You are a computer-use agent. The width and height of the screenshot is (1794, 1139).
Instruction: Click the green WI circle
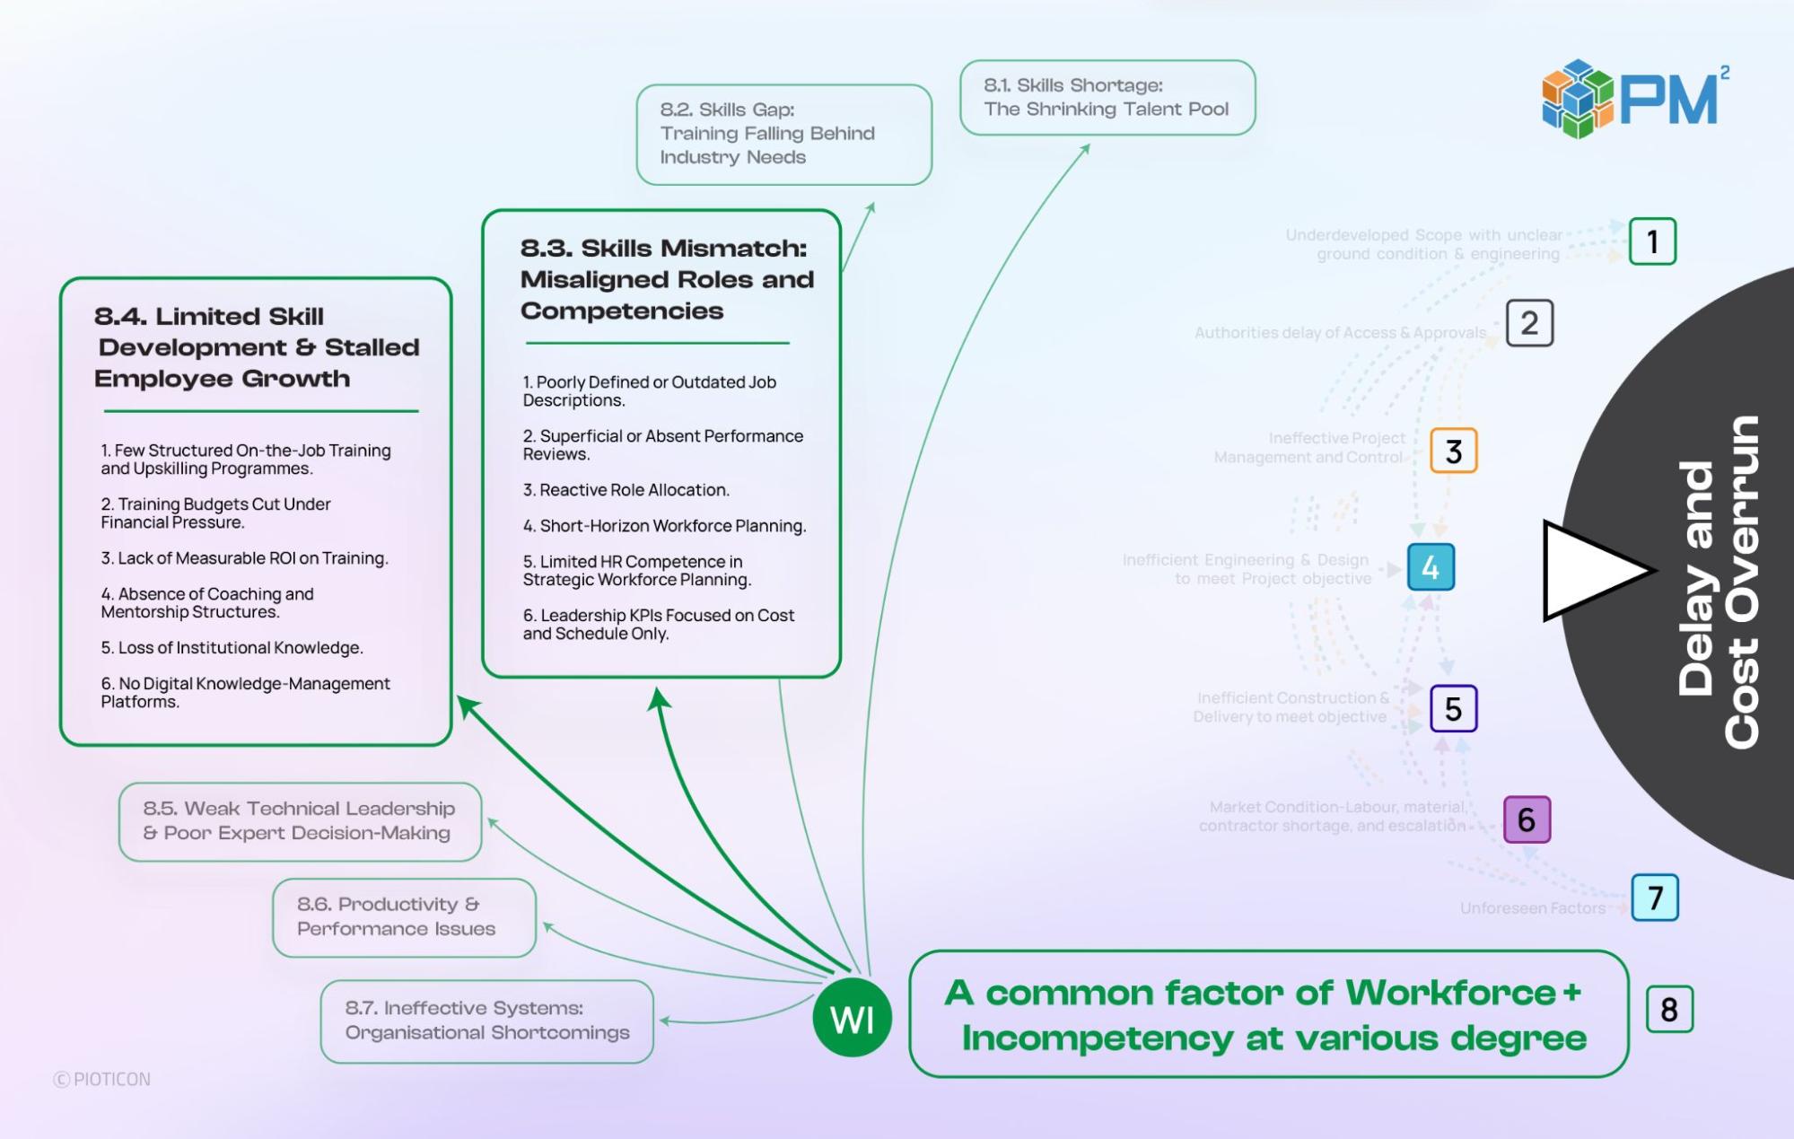point(852,1018)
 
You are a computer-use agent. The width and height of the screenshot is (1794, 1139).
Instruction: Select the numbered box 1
point(1652,241)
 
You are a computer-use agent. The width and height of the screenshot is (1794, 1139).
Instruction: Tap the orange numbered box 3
point(1453,451)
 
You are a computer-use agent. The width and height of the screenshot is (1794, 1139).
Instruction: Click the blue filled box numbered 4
point(1431,567)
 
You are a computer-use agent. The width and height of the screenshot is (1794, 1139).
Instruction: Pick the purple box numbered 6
point(1527,819)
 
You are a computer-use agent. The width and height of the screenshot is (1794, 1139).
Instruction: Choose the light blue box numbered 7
point(1655,897)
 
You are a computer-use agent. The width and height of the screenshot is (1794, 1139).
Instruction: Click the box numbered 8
point(1669,1010)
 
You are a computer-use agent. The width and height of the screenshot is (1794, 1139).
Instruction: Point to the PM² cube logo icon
point(1577,99)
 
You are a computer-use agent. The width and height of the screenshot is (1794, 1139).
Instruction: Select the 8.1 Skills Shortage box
point(1107,98)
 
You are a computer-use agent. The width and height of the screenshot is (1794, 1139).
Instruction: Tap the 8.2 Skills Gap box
point(783,135)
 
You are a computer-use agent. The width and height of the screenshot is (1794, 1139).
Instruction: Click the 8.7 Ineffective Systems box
point(486,1021)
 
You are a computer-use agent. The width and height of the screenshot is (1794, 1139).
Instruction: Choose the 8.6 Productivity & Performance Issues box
point(404,916)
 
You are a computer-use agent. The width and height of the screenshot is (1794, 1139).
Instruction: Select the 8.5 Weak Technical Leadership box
point(300,821)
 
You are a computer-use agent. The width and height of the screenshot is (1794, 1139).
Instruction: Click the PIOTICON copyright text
point(102,1079)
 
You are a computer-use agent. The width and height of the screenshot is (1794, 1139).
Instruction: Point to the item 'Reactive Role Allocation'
point(634,490)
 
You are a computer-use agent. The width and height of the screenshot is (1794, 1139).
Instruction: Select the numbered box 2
point(1529,323)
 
